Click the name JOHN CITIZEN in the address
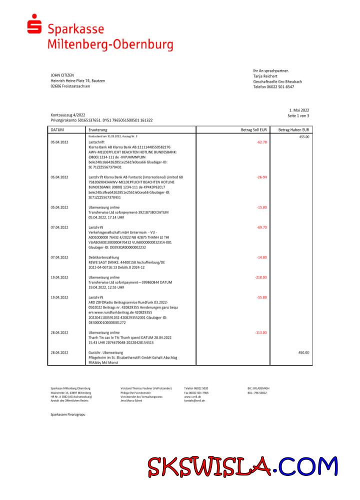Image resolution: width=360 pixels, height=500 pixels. click(62, 75)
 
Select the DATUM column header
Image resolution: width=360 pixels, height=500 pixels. click(57, 129)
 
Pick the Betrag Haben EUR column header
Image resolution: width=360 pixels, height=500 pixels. click(294, 129)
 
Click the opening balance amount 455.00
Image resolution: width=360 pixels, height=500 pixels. click(304, 136)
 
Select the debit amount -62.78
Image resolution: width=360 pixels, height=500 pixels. click(261, 142)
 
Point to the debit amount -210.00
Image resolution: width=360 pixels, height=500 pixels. click(260, 277)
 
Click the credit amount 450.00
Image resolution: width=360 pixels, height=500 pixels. click(303, 352)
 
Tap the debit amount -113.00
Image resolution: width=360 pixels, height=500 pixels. click(260, 332)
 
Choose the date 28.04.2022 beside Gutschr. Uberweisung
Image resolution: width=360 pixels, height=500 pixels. click(59, 352)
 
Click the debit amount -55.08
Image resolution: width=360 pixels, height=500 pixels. click(261, 297)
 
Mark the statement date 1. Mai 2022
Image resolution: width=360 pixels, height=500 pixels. click(299, 110)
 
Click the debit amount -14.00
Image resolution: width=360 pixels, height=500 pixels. click(261, 257)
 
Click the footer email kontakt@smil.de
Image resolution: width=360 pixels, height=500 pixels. click(195, 401)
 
